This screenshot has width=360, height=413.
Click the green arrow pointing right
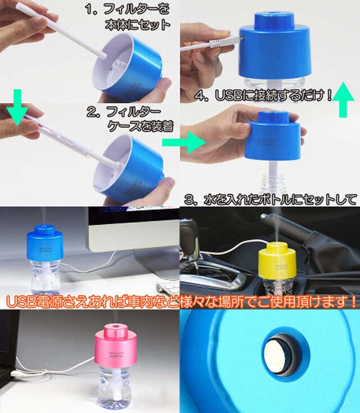(184, 143)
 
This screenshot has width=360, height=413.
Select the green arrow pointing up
(343, 99)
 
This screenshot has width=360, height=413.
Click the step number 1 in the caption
(91, 10)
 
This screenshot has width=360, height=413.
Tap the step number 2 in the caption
(92, 112)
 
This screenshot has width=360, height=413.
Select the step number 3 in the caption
(190, 199)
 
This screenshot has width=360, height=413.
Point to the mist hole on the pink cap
(115, 326)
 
